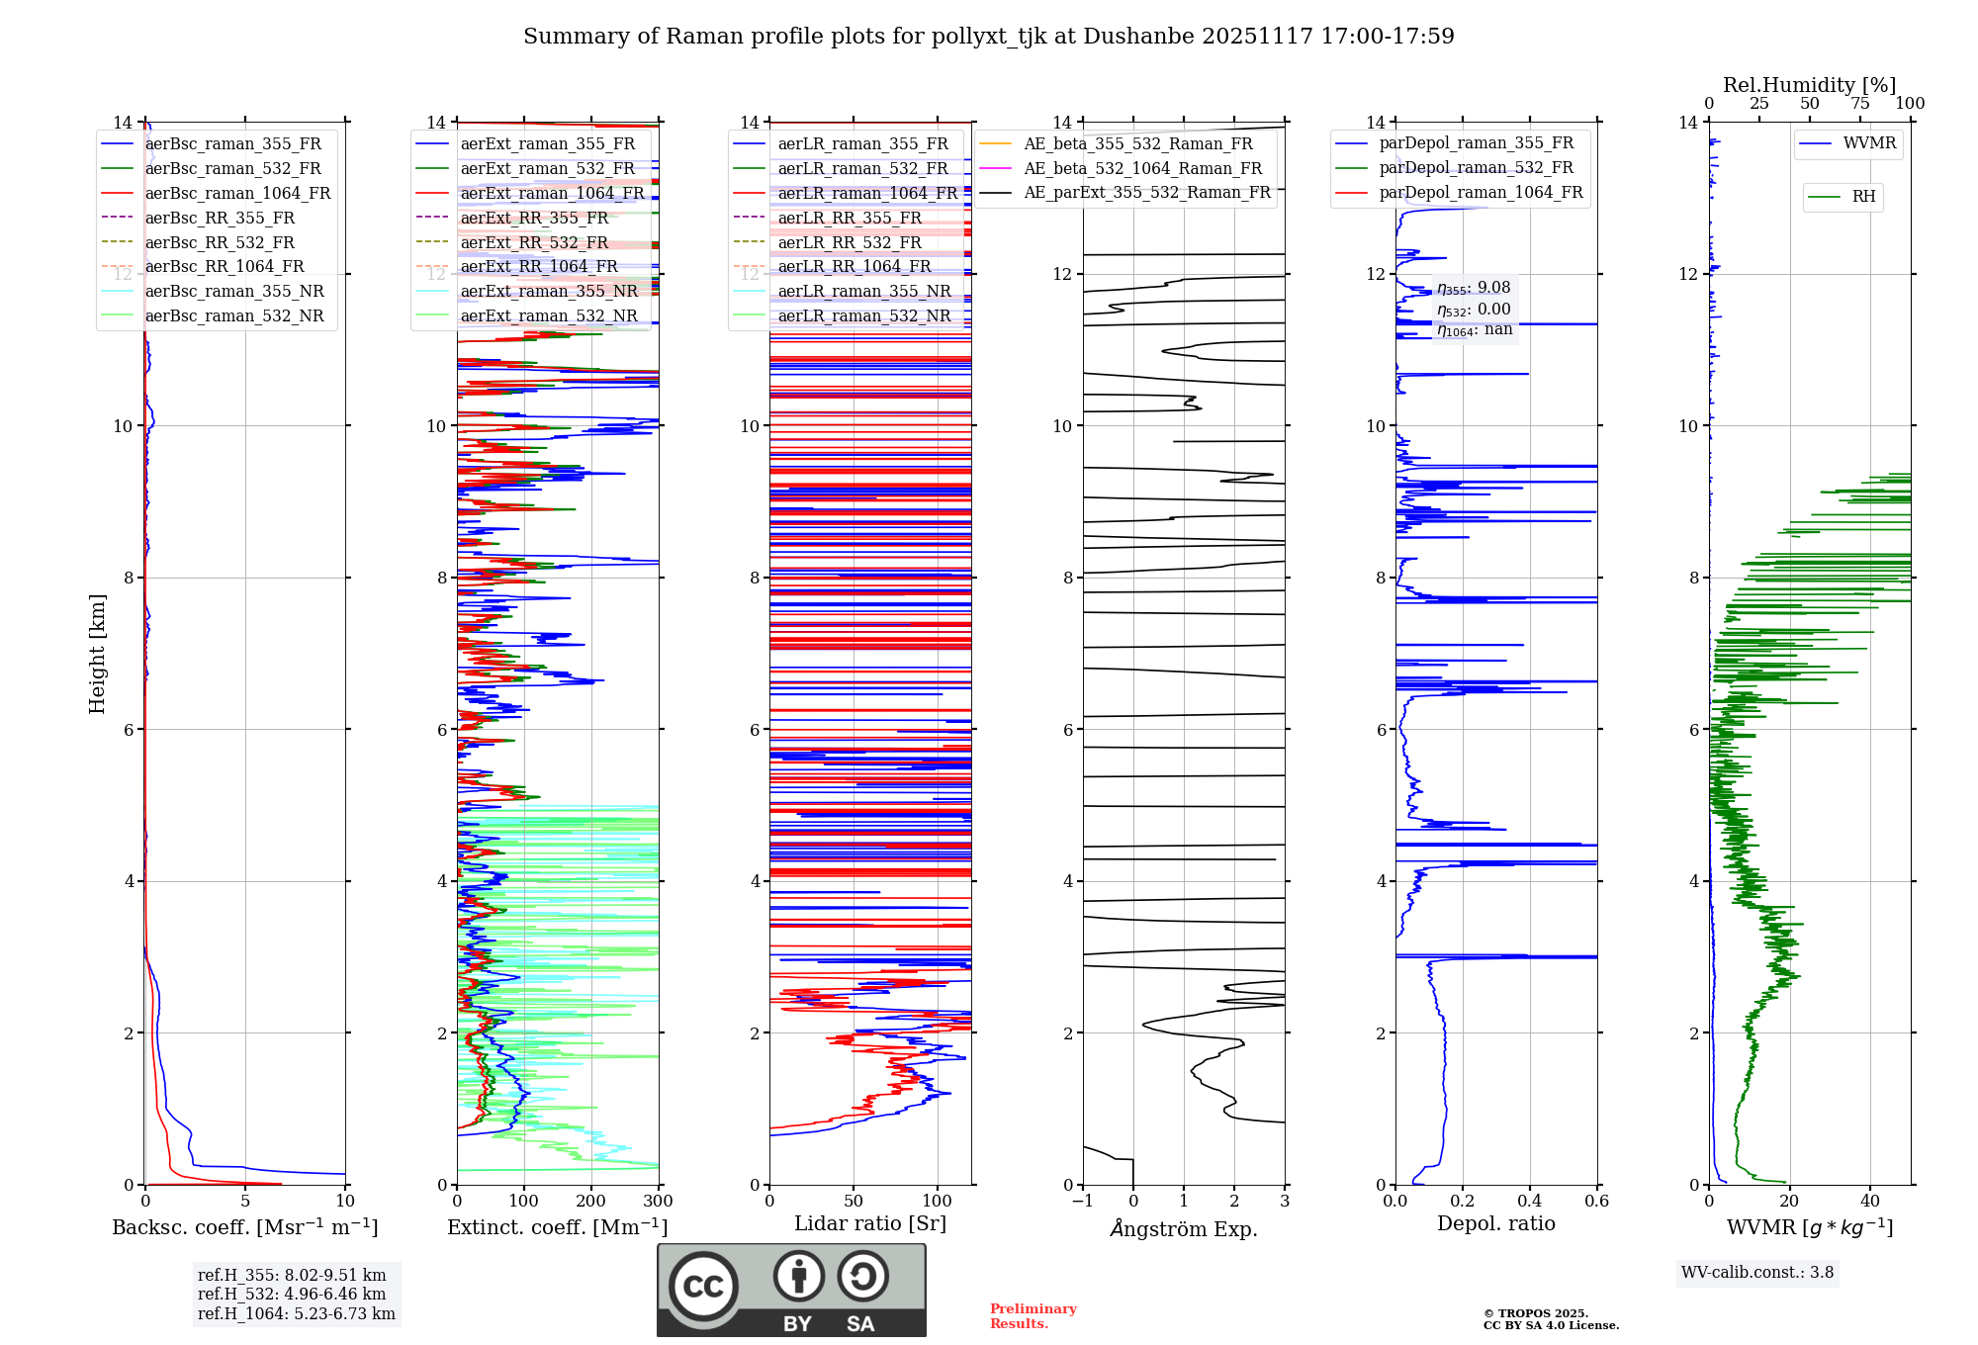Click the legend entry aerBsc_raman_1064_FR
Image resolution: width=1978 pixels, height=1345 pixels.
[x=237, y=194]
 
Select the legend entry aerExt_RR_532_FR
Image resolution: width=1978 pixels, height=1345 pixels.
[x=534, y=242]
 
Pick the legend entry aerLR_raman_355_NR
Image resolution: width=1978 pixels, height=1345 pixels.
[x=863, y=291]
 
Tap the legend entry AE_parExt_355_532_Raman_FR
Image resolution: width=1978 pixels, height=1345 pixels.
[x=1147, y=192]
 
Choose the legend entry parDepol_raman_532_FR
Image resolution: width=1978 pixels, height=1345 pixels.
[x=1476, y=168]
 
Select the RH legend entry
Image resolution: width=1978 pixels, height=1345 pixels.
[x=1863, y=197]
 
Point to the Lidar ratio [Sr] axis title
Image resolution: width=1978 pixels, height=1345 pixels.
[x=870, y=1223]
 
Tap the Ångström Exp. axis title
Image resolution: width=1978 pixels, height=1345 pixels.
[x=1184, y=1229]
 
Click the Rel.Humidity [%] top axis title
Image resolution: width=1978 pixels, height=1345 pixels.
[x=1809, y=85]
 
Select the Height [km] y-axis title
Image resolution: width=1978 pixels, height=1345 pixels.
[x=97, y=654]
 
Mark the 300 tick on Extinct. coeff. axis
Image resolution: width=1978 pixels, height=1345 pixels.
[x=658, y=1202]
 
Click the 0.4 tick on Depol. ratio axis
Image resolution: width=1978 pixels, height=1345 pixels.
[x=1530, y=1202]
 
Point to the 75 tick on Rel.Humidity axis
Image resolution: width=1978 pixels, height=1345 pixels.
[x=1860, y=104]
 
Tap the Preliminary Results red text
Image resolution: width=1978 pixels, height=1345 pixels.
[x=1033, y=1316]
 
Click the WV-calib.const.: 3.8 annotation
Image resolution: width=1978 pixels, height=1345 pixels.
[x=1757, y=1273]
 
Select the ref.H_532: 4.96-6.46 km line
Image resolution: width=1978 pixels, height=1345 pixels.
[x=292, y=1295]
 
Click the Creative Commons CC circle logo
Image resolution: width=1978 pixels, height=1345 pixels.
[x=703, y=1287]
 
